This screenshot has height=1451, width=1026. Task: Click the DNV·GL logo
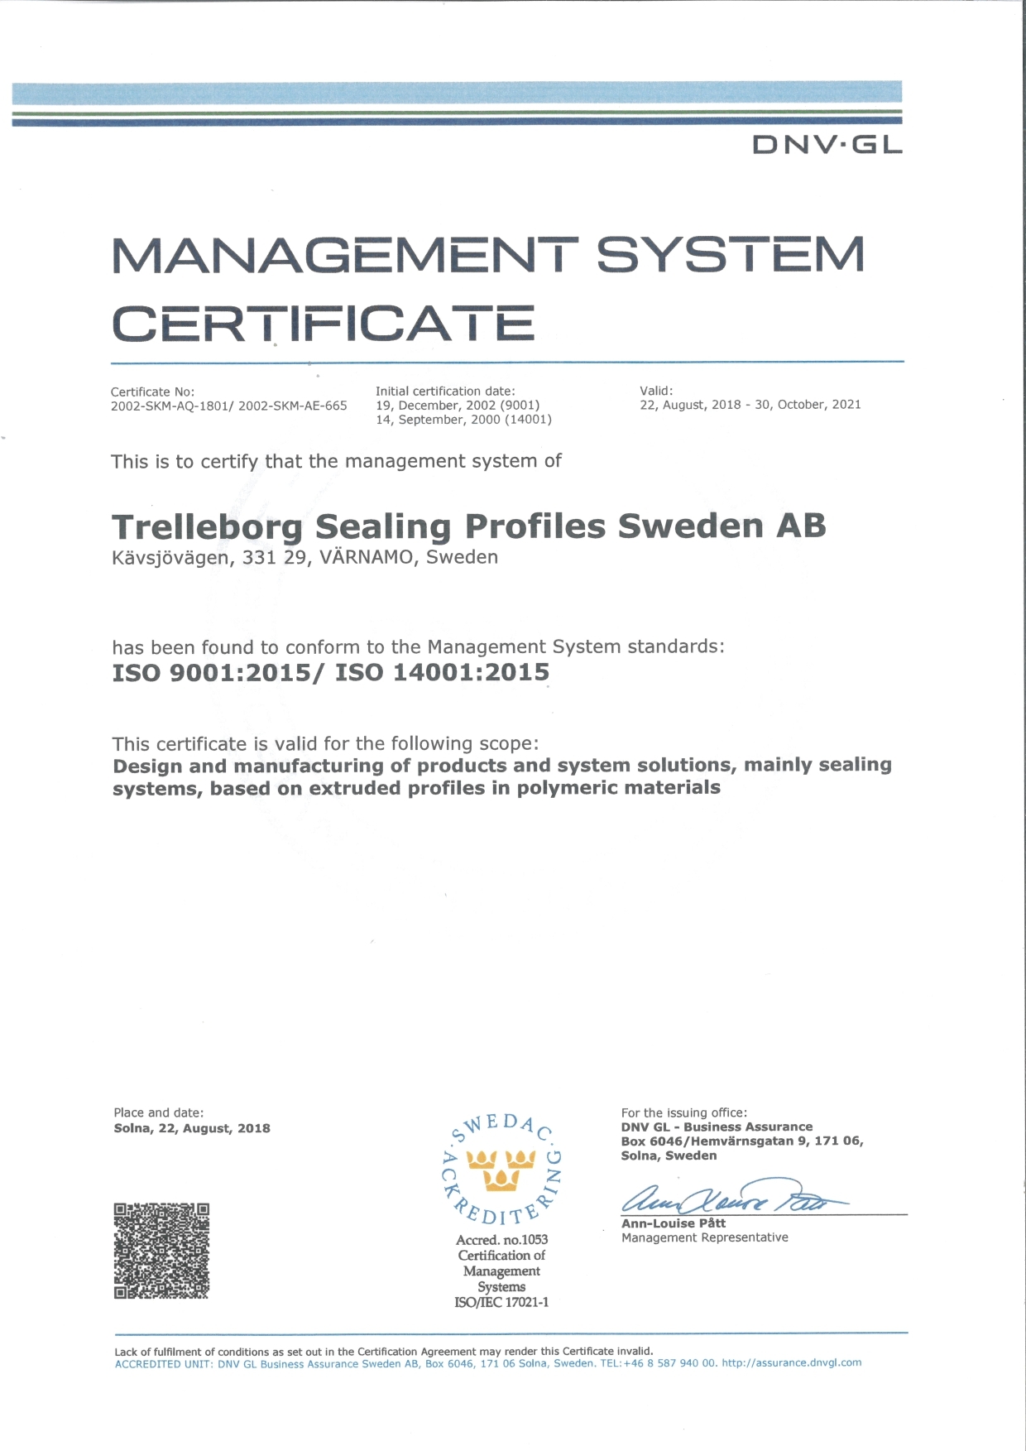[827, 145]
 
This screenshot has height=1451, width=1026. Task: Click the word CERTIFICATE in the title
[324, 324]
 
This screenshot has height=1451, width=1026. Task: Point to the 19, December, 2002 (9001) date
[458, 406]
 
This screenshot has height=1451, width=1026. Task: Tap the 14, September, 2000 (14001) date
[463, 420]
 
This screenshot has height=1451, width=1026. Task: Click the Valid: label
[656, 391]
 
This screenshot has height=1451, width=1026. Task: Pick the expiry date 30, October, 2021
[808, 405]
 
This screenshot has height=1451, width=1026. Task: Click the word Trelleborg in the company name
[208, 527]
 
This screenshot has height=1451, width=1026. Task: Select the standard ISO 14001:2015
[442, 672]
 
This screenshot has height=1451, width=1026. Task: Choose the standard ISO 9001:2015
[211, 672]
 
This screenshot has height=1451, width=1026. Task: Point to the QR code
[161, 1251]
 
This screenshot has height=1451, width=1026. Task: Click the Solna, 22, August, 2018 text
[192, 1128]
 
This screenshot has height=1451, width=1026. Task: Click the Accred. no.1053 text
[501, 1240]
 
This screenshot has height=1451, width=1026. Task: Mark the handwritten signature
[728, 1197]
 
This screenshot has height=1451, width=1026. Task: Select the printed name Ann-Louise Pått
[674, 1223]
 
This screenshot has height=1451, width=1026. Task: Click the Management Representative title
[705, 1237]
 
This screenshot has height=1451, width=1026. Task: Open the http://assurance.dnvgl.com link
[791, 1362]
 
